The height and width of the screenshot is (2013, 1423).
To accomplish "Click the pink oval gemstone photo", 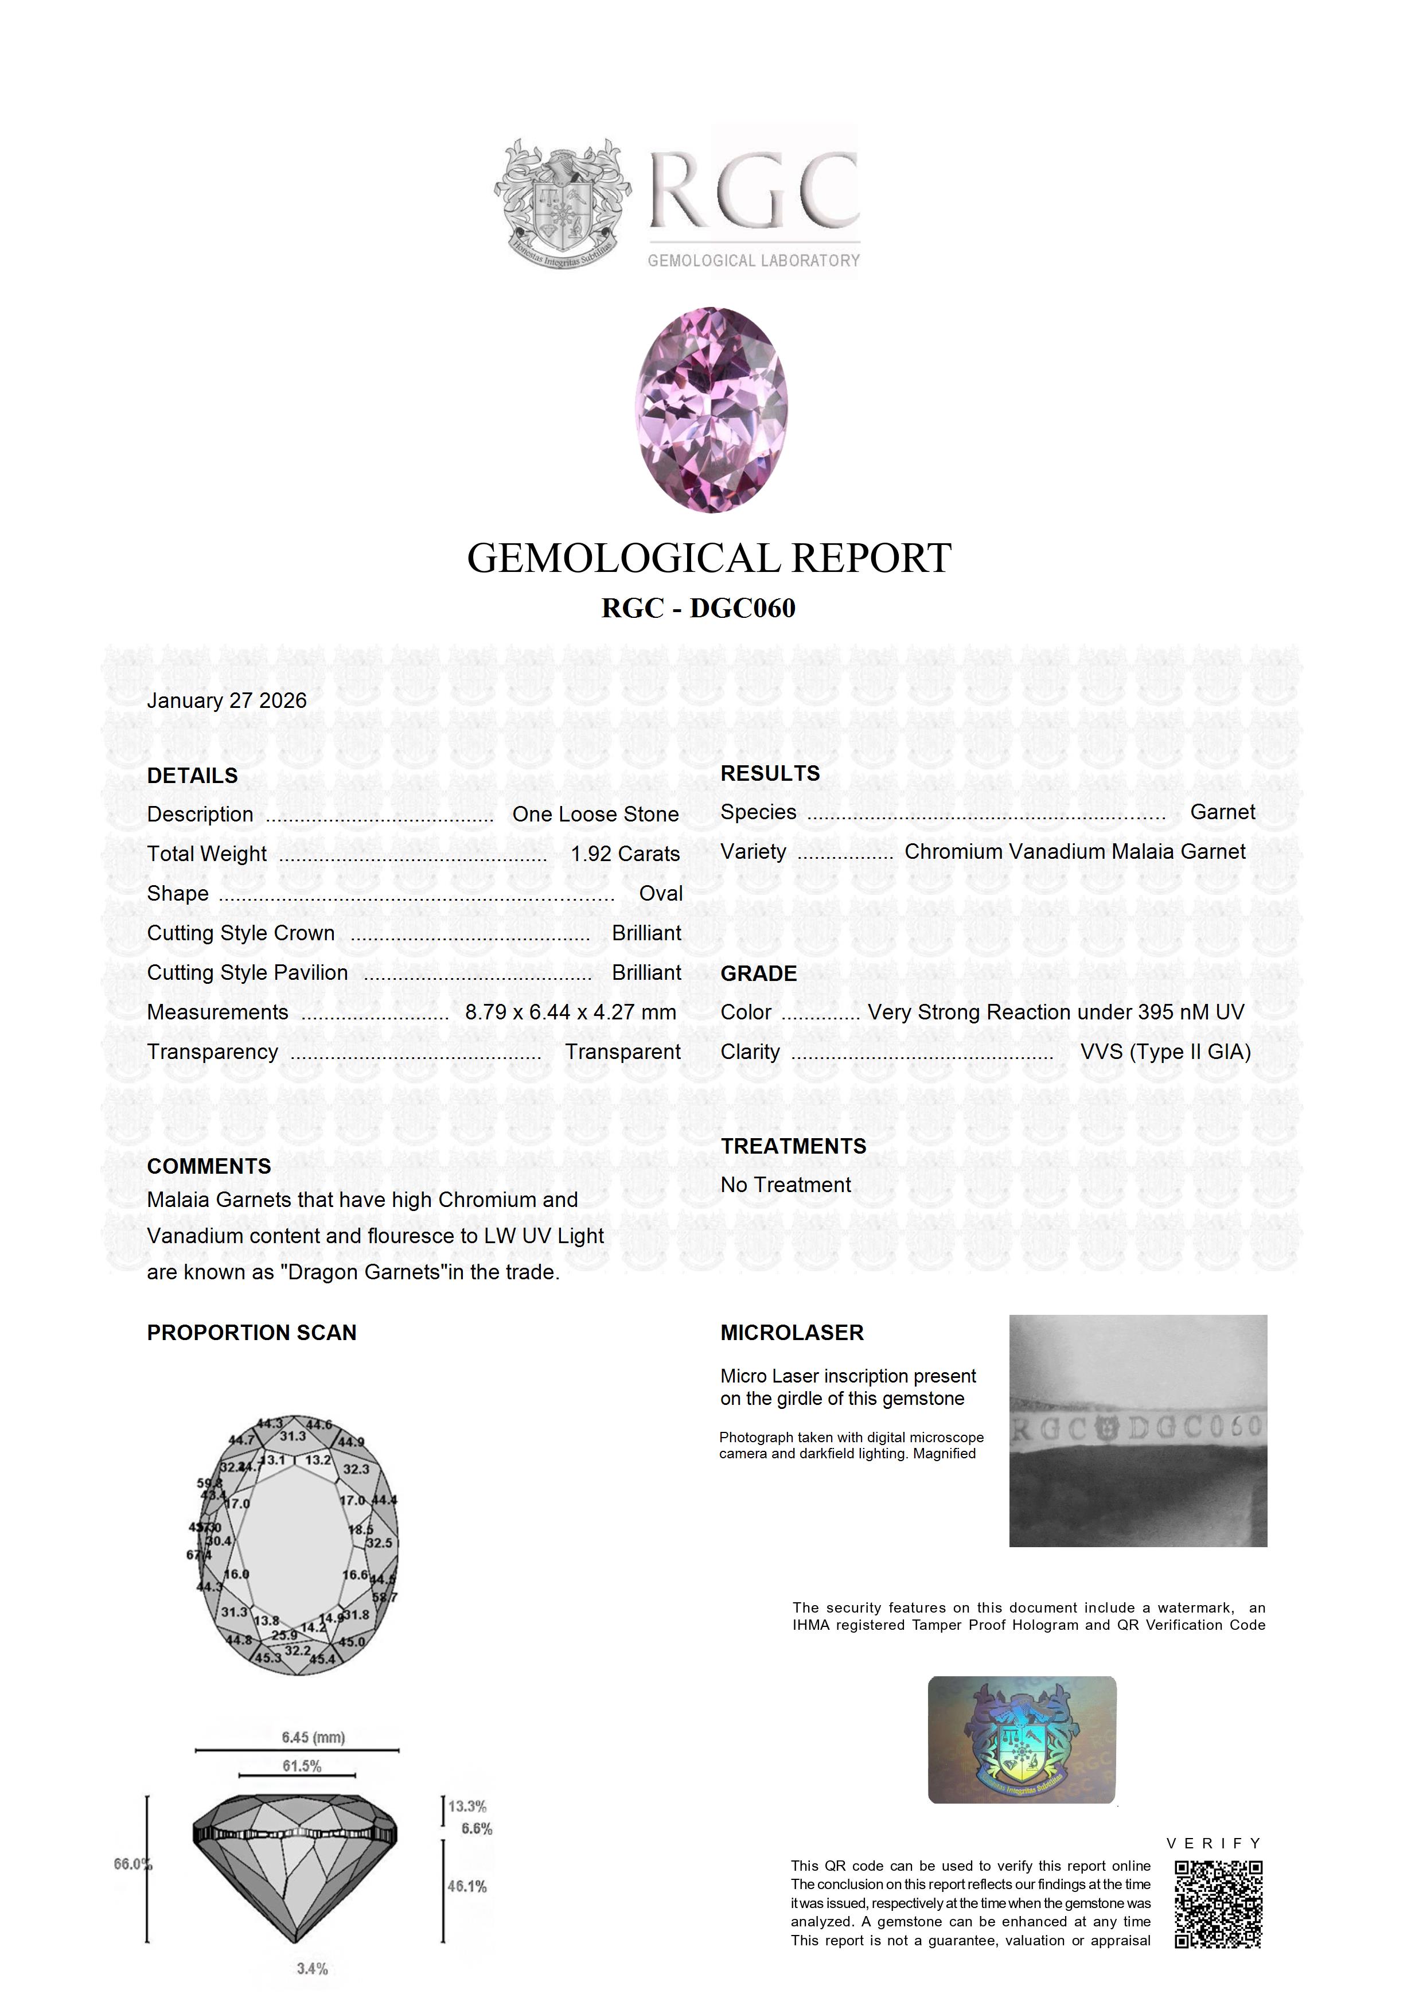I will pos(711,410).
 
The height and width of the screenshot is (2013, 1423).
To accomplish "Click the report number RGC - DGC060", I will pos(698,609).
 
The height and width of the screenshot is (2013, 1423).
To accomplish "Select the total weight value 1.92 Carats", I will pos(624,854).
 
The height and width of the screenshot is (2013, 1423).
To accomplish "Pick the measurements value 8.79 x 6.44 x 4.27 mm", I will pos(570,1012).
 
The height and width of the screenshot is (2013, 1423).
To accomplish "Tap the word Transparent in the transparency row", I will pos(622,1052).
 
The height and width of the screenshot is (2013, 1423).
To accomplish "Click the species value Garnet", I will pos(1222,812).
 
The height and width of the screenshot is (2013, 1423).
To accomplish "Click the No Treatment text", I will pos(786,1185).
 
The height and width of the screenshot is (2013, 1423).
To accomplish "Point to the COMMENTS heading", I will pos(209,1166).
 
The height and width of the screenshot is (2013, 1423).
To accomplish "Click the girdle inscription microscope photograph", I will pos(1137,1431).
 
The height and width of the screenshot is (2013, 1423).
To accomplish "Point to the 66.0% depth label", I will pos(132,1864).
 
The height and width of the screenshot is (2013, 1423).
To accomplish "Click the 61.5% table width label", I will pos(302,1766).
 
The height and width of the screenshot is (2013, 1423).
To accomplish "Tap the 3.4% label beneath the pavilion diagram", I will pos(312,1969).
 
